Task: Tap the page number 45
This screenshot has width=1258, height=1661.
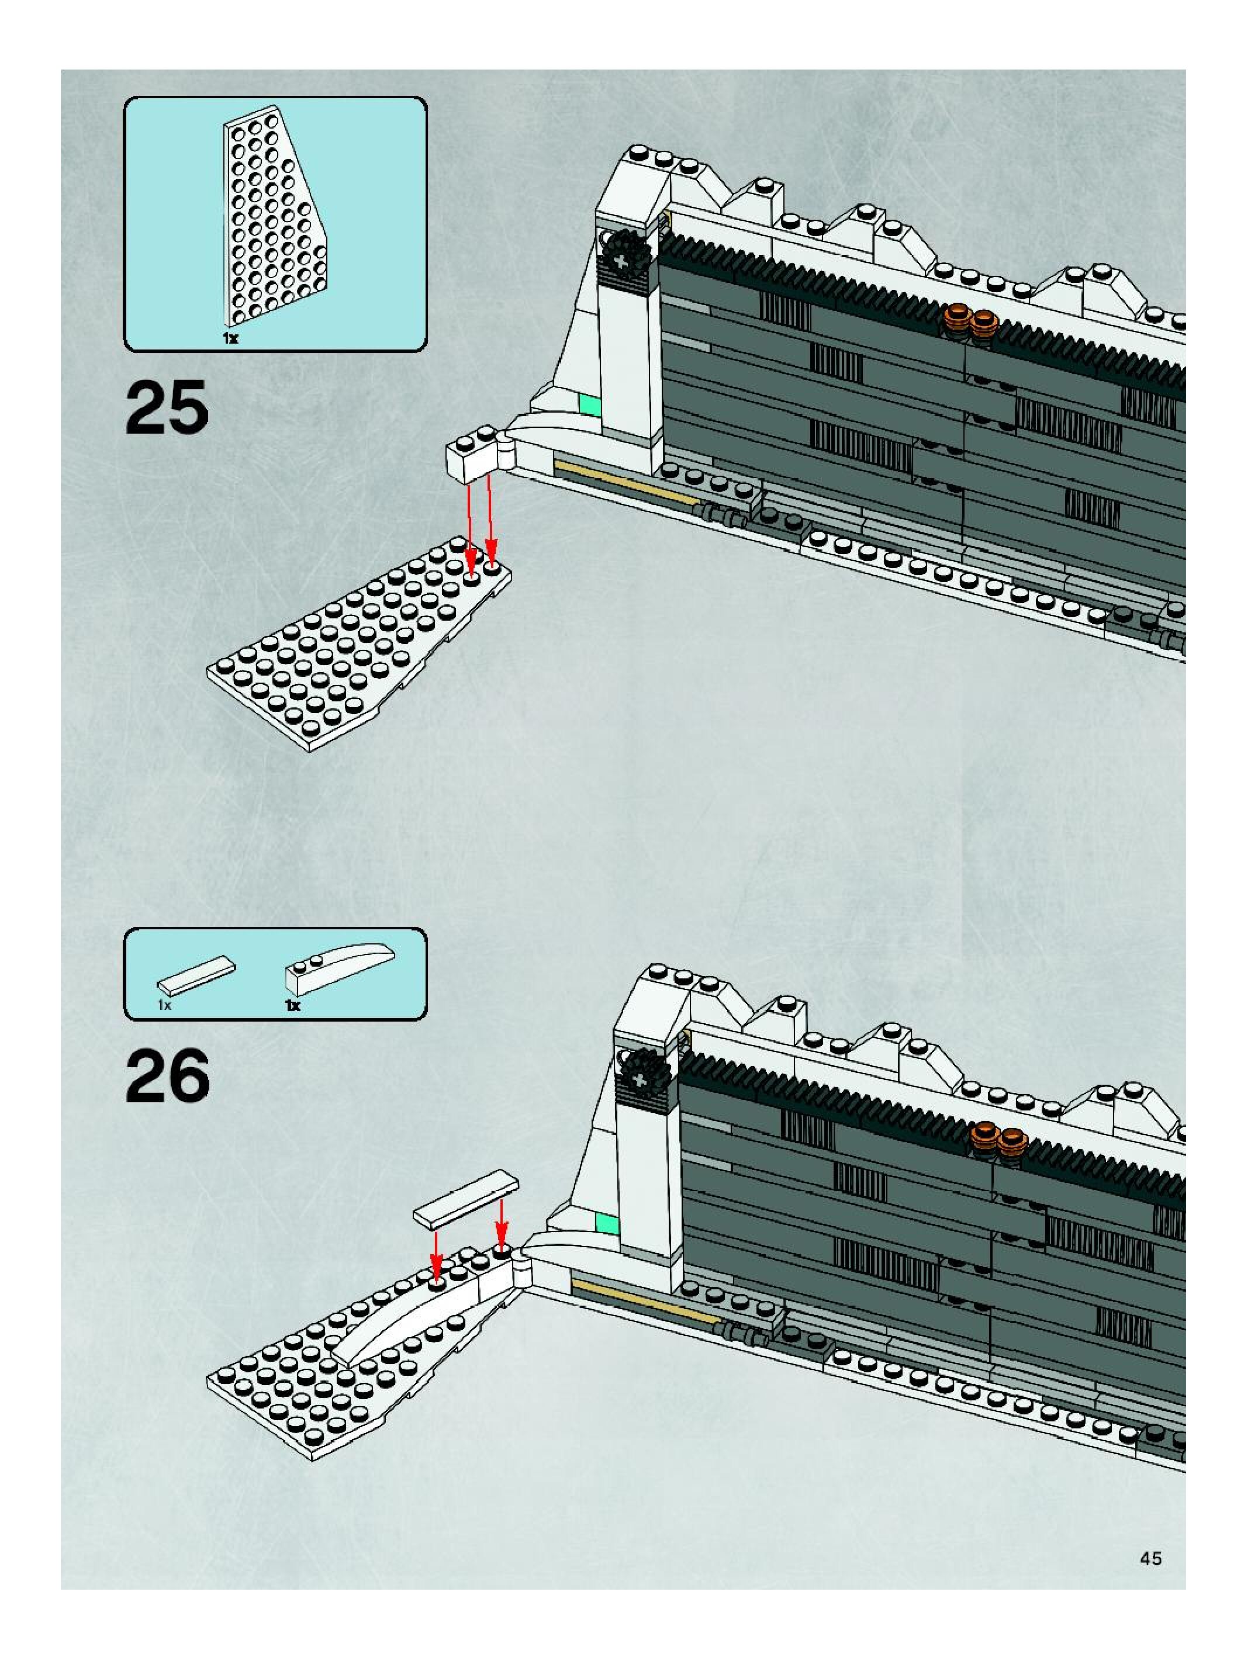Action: click(x=1150, y=1559)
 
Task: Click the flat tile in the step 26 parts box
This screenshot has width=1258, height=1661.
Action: click(x=195, y=975)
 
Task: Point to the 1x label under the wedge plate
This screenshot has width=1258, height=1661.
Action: click(x=230, y=338)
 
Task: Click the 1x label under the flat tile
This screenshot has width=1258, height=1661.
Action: click(x=164, y=1005)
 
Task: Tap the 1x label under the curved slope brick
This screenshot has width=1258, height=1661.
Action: click(x=293, y=1005)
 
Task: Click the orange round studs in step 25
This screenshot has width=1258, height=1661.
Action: click(x=970, y=321)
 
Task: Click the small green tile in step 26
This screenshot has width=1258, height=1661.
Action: click(x=607, y=1223)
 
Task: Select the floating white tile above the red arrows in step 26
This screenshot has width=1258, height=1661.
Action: click(x=466, y=1200)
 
